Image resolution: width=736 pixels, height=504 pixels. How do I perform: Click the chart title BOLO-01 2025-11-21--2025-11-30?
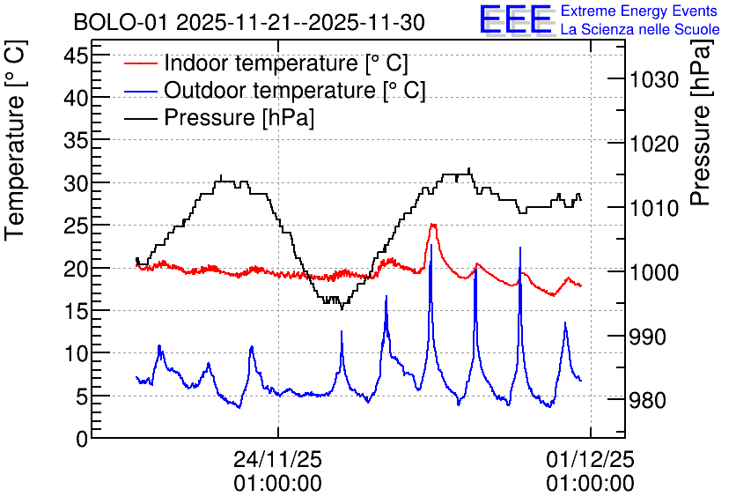click(249, 22)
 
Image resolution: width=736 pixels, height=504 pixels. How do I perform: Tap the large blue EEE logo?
click(516, 19)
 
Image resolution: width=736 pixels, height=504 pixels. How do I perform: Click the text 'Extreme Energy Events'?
click(639, 11)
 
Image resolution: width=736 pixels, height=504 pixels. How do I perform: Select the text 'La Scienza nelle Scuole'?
click(640, 29)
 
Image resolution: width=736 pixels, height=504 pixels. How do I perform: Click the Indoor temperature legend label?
click(286, 63)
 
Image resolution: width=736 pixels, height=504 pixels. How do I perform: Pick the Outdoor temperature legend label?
click(295, 90)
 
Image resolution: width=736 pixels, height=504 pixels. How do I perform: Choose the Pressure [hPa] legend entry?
click(239, 117)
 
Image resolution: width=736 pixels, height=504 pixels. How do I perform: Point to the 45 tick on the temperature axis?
click(76, 56)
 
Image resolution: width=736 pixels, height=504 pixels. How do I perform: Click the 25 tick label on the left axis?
click(76, 226)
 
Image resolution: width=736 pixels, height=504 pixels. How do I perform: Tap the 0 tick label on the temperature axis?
click(82, 439)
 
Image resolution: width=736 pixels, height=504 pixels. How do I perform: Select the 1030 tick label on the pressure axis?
click(654, 79)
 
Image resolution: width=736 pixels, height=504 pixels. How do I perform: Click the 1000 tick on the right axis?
click(654, 272)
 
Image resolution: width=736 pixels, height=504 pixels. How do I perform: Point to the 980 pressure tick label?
click(648, 401)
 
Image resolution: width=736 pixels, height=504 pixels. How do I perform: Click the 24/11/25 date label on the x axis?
click(278, 459)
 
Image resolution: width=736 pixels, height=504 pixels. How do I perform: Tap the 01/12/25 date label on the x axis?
click(590, 459)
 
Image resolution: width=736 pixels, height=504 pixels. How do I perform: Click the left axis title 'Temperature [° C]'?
click(16, 140)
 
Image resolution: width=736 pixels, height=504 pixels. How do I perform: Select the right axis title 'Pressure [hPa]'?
click(701, 122)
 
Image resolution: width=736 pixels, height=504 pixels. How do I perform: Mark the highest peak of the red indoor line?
click(433, 225)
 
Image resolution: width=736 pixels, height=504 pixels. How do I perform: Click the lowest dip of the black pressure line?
click(342, 308)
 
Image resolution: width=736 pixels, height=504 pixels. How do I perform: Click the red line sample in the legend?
click(140, 63)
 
